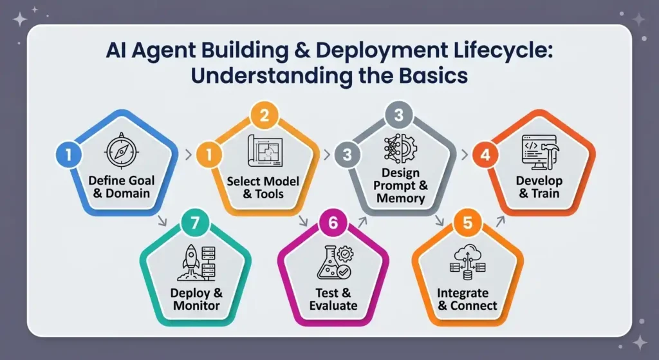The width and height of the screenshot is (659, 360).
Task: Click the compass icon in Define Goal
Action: pyautogui.click(x=122, y=151)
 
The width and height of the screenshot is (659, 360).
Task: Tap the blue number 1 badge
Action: pyautogui.click(x=68, y=155)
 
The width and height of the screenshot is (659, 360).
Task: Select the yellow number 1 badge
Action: pyautogui.click(x=209, y=155)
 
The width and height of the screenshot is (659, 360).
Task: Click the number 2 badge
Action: pyautogui.click(x=264, y=115)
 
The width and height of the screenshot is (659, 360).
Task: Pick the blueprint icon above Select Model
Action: pyautogui.click(x=265, y=151)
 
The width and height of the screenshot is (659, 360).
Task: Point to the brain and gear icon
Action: pyautogui.click(x=400, y=148)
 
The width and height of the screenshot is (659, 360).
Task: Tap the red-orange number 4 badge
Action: pyautogui.click(x=485, y=155)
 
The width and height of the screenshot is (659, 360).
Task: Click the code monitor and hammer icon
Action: pyautogui.click(x=540, y=152)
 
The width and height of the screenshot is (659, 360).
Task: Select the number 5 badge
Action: pyautogui.click(x=467, y=222)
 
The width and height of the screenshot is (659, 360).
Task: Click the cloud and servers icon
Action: pyautogui.click(x=467, y=262)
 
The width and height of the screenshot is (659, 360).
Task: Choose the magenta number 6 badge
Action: pyautogui.click(x=333, y=222)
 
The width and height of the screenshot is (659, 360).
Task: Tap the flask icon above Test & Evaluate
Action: pyautogui.click(x=335, y=263)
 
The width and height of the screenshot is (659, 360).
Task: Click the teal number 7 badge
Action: pyautogui.click(x=194, y=222)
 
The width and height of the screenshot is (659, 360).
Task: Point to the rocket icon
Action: pyautogui.click(x=196, y=262)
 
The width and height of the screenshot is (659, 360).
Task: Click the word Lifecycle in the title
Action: pyautogui.click(x=503, y=51)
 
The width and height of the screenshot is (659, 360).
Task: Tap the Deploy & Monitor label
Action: pyautogui.click(x=196, y=299)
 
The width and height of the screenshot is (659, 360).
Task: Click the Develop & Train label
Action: pyautogui.click(x=539, y=187)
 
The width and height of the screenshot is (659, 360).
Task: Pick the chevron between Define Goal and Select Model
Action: pyautogui.click(x=189, y=155)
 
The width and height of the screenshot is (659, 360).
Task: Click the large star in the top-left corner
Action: pyautogui.click(x=20, y=19)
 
